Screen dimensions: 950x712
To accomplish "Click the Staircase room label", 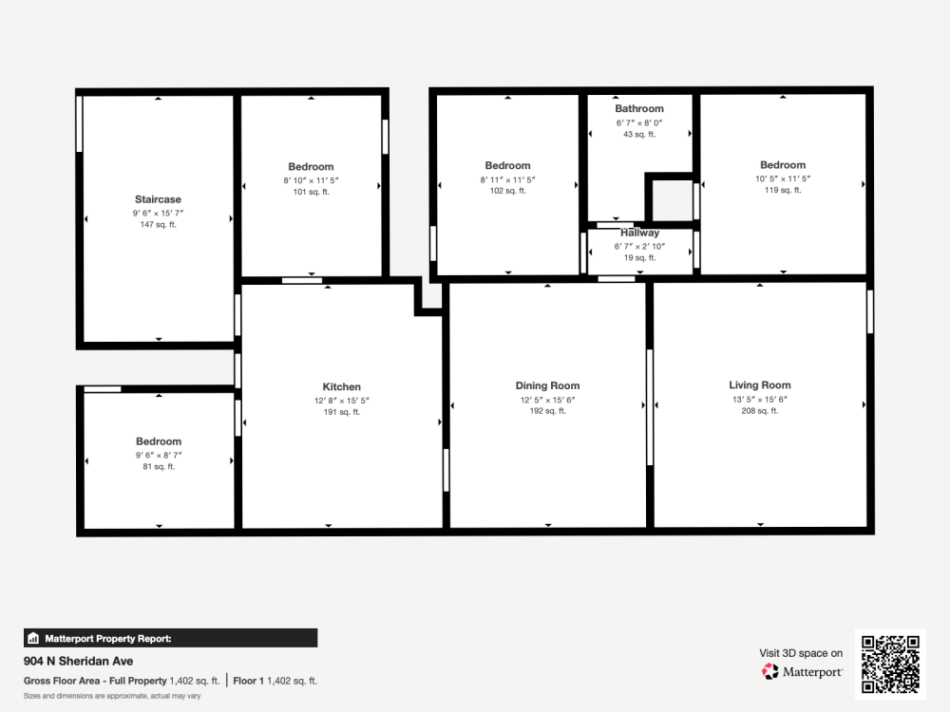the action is pyautogui.click(x=158, y=199).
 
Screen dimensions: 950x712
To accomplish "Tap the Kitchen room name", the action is pyautogui.click(x=342, y=387).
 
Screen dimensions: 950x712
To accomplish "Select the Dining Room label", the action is pyautogui.click(x=548, y=385).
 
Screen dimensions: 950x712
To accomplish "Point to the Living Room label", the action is pyautogui.click(x=760, y=385).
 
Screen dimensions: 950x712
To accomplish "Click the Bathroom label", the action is pyautogui.click(x=639, y=108).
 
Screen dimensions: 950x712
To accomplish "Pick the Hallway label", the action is pyautogui.click(x=639, y=233).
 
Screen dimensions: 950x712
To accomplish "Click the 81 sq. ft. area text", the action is pyautogui.click(x=159, y=467).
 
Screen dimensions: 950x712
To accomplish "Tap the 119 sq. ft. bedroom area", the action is pyautogui.click(x=783, y=190).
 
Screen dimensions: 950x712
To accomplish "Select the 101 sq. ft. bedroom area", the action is pyautogui.click(x=312, y=192).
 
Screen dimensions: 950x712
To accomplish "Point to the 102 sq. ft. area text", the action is pyautogui.click(x=507, y=191).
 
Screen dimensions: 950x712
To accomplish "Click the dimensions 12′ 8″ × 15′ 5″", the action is pyautogui.click(x=342, y=401).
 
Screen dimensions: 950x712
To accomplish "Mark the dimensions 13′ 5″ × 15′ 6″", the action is pyautogui.click(x=760, y=400).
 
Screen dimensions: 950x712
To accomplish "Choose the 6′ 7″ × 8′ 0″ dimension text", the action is pyautogui.click(x=639, y=122).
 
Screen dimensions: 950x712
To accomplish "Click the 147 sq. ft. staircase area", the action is pyautogui.click(x=158, y=225).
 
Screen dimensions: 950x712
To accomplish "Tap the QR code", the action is pyautogui.click(x=891, y=665).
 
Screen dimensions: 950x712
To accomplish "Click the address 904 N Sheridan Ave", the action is pyautogui.click(x=78, y=661).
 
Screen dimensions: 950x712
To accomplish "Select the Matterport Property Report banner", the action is pyautogui.click(x=170, y=638).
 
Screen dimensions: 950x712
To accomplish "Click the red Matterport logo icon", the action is pyautogui.click(x=770, y=671).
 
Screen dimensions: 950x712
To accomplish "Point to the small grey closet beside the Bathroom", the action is pyautogui.click(x=673, y=199).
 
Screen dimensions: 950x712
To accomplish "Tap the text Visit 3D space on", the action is pyautogui.click(x=801, y=653).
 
